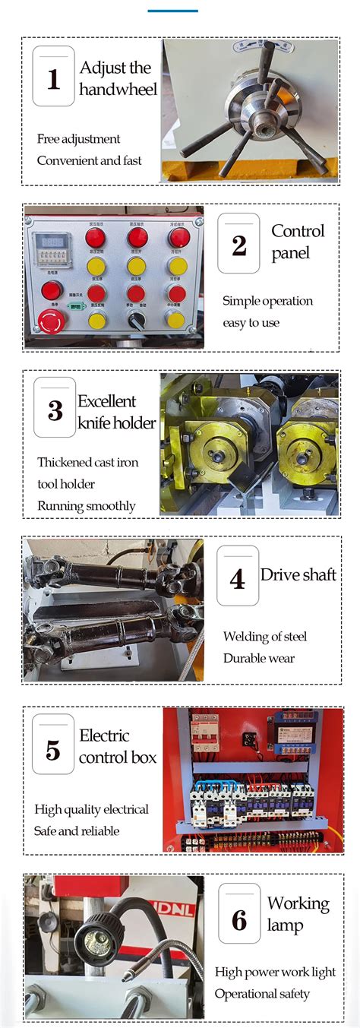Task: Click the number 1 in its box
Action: [x=54, y=77]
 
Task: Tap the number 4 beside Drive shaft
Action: [x=237, y=580]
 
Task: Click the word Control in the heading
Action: [x=298, y=231]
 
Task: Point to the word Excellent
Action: [x=107, y=401]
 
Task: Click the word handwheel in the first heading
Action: [x=118, y=90]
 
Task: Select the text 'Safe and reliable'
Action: [x=77, y=831]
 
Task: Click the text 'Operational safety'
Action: [x=262, y=994]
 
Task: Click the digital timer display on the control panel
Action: [x=50, y=242]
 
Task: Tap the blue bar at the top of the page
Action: [x=172, y=11]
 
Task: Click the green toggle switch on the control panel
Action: [x=75, y=308]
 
